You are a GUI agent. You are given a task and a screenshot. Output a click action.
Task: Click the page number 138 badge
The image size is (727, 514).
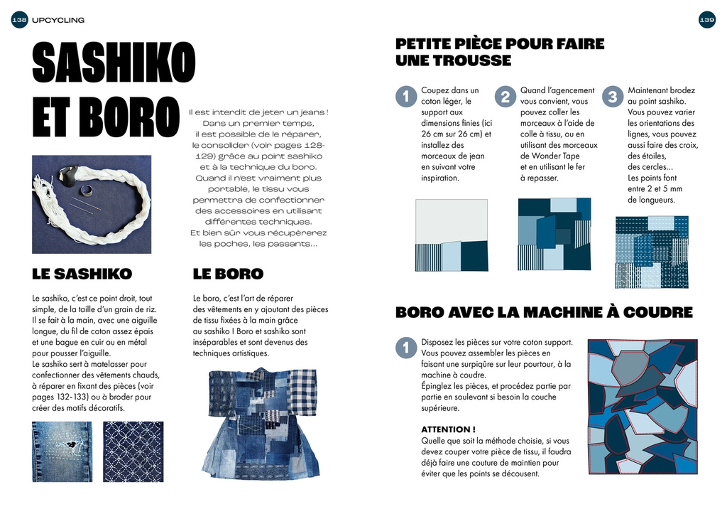click(20, 21)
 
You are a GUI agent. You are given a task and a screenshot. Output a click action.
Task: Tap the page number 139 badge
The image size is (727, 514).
click(706, 21)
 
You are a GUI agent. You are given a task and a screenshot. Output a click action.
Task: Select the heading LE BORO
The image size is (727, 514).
click(228, 274)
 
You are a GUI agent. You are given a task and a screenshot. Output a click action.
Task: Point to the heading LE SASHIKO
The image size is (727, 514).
click(82, 274)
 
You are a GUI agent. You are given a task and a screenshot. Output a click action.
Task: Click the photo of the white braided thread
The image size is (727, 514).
click(92, 204)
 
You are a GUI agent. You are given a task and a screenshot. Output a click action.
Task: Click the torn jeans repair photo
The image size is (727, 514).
click(62, 451)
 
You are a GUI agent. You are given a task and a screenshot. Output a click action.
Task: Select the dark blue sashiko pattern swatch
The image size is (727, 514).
click(133, 451)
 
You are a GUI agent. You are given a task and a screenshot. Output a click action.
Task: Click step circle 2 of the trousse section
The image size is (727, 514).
click(505, 97)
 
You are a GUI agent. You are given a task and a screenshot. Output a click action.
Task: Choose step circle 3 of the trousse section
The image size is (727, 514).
click(612, 97)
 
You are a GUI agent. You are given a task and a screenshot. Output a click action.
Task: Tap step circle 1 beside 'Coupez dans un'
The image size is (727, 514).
click(405, 97)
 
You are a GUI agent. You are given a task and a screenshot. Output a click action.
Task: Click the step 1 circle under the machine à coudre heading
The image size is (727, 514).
click(405, 348)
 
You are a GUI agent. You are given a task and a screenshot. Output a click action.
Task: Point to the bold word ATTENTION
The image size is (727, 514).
click(447, 429)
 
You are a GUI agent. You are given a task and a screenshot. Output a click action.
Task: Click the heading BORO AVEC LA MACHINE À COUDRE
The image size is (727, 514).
click(543, 312)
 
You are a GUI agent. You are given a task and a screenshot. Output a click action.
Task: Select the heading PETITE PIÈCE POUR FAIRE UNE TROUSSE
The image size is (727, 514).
click(499, 52)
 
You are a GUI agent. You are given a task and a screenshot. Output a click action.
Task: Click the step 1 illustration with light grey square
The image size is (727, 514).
click(452, 235)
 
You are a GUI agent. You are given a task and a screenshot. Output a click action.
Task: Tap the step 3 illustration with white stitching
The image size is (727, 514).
click(651, 252)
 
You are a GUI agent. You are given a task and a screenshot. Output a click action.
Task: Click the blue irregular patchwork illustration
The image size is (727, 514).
click(642, 406)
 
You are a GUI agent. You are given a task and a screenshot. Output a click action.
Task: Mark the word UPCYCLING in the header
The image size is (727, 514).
click(58, 21)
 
